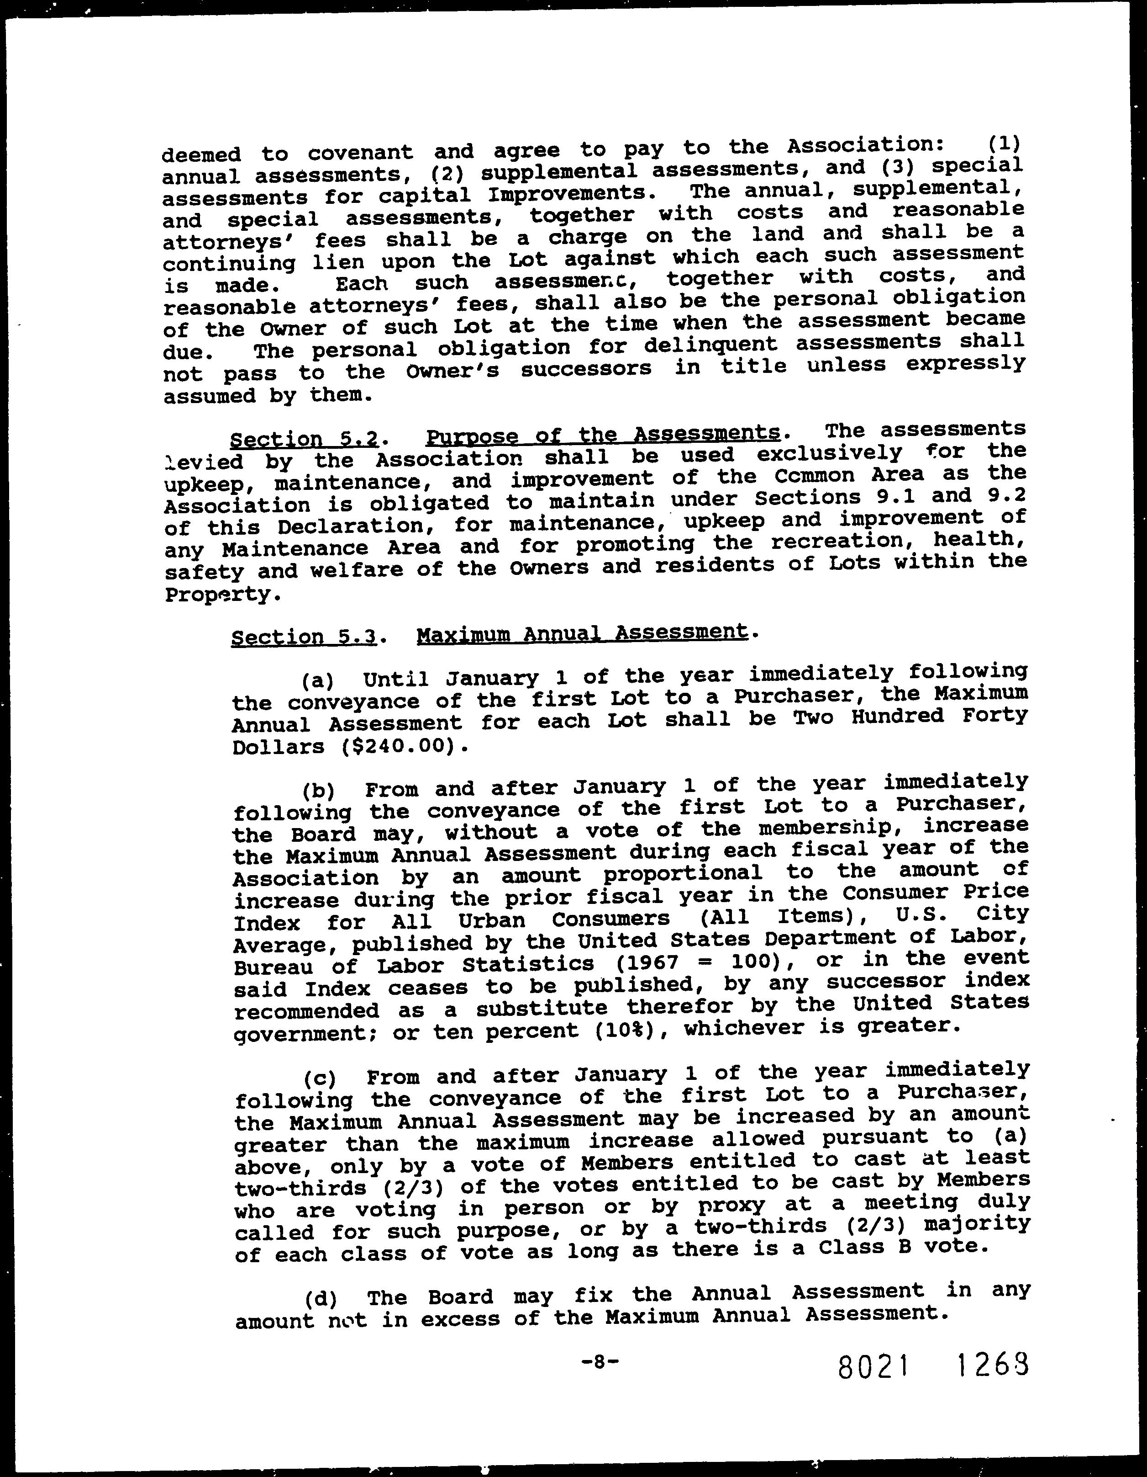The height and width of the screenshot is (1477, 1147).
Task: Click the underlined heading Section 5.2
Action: pos(304,440)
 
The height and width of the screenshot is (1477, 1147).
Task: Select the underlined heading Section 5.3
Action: pos(304,637)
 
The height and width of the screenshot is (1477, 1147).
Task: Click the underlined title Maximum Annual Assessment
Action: pos(583,633)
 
